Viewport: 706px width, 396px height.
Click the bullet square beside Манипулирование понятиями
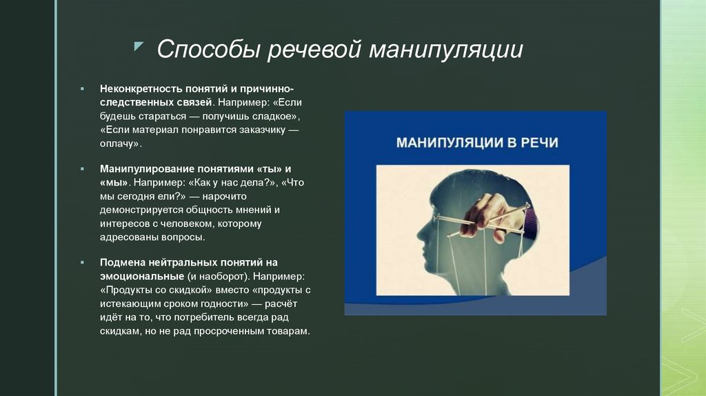pyautogui.click(x=81, y=169)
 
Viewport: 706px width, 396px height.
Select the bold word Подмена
pyautogui.click(x=123, y=262)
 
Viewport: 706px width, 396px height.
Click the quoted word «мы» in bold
pyautogui.click(x=114, y=182)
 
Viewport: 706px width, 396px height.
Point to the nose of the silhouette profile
pyautogui.click(x=418, y=233)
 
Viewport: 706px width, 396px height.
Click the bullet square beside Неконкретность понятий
pyautogui.click(x=81, y=90)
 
